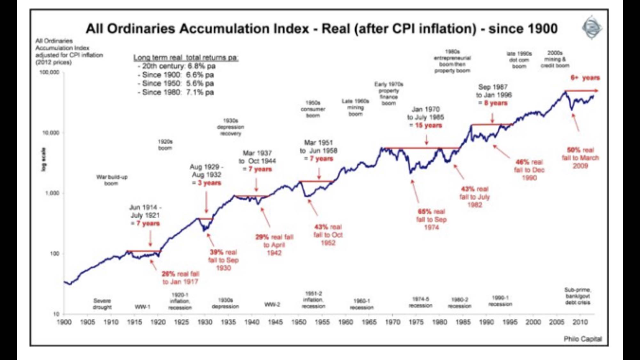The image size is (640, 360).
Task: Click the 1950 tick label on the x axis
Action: pyautogui.click(x=299, y=322)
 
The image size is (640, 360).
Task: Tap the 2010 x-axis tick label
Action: pyautogui.click(x=580, y=322)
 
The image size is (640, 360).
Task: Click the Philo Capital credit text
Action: pyautogui.click(x=582, y=339)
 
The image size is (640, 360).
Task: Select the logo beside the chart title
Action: pyautogui.click(x=592, y=28)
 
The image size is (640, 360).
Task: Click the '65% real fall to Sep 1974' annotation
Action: pyautogui.click(x=431, y=220)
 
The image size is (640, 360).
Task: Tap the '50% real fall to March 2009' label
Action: pyautogui.click(x=580, y=158)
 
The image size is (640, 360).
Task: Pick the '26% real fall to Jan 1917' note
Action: pyautogui.click(x=180, y=278)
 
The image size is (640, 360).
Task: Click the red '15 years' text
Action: pyautogui.click(x=428, y=125)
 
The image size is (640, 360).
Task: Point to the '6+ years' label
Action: pyautogui.click(x=585, y=78)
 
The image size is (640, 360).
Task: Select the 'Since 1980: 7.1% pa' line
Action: pyautogui.click(x=176, y=92)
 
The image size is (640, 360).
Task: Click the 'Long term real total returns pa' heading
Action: pyautogui.click(x=186, y=58)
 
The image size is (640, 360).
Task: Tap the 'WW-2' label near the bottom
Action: pyautogui.click(x=272, y=304)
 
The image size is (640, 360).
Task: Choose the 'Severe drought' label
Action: pyautogui.click(x=102, y=304)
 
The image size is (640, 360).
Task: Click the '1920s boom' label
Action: pyautogui.click(x=165, y=145)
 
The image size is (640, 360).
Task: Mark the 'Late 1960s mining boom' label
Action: pyautogui.click(x=355, y=107)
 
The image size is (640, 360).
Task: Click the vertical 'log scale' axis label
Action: pyautogui.click(x=44, y=159)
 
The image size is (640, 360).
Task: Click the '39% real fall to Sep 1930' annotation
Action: pyautogui.click(x=223, y=260)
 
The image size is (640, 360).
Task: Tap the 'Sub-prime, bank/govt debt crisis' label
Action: pyautogui.click(x=578, y=296)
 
